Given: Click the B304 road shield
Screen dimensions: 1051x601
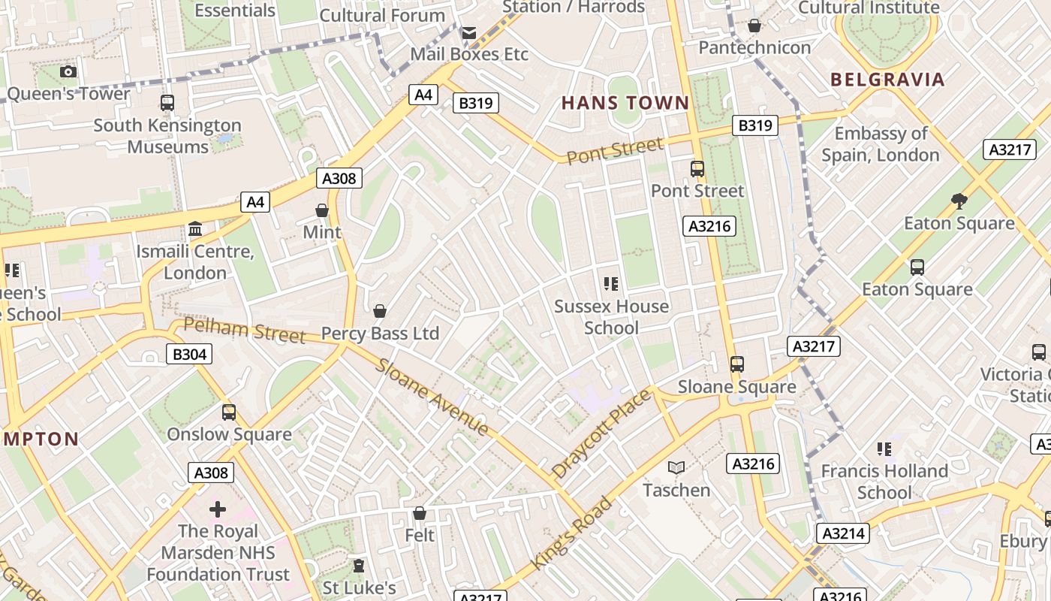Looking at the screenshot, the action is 188,354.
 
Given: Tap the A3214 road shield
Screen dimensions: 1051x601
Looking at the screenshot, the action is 843,533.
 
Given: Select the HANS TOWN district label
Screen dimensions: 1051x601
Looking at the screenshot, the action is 625,103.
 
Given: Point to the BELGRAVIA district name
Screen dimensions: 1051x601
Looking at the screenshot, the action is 887,80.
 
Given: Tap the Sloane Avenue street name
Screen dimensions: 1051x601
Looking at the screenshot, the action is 432,397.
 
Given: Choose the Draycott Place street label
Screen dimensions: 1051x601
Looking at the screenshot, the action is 601,433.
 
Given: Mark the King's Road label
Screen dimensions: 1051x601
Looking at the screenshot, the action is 572,532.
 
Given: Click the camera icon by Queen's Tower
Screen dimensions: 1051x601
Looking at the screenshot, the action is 68,71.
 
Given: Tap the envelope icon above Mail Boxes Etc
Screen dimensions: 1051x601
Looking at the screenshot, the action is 469,33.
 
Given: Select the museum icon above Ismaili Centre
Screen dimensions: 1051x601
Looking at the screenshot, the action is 195,228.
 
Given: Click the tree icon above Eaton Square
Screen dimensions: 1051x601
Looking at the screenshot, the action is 959,201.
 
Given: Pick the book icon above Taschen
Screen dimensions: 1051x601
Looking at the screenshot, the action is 676,467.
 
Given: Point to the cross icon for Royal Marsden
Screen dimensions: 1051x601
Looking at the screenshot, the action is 218,509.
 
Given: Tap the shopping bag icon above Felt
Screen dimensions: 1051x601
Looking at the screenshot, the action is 420,513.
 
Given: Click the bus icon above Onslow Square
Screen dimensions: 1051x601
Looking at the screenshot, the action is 229,412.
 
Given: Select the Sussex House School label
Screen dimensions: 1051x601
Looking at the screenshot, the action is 611,317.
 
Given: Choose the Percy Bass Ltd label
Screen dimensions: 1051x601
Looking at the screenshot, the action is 380,333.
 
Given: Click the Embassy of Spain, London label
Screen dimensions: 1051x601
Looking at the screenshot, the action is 881,144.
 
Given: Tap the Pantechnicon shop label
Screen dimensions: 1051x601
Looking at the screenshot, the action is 754,47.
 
